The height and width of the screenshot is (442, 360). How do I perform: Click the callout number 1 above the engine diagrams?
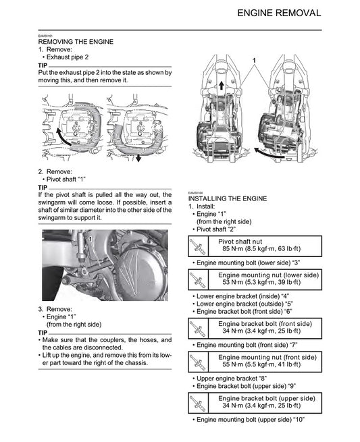click(x=254, y=61)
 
